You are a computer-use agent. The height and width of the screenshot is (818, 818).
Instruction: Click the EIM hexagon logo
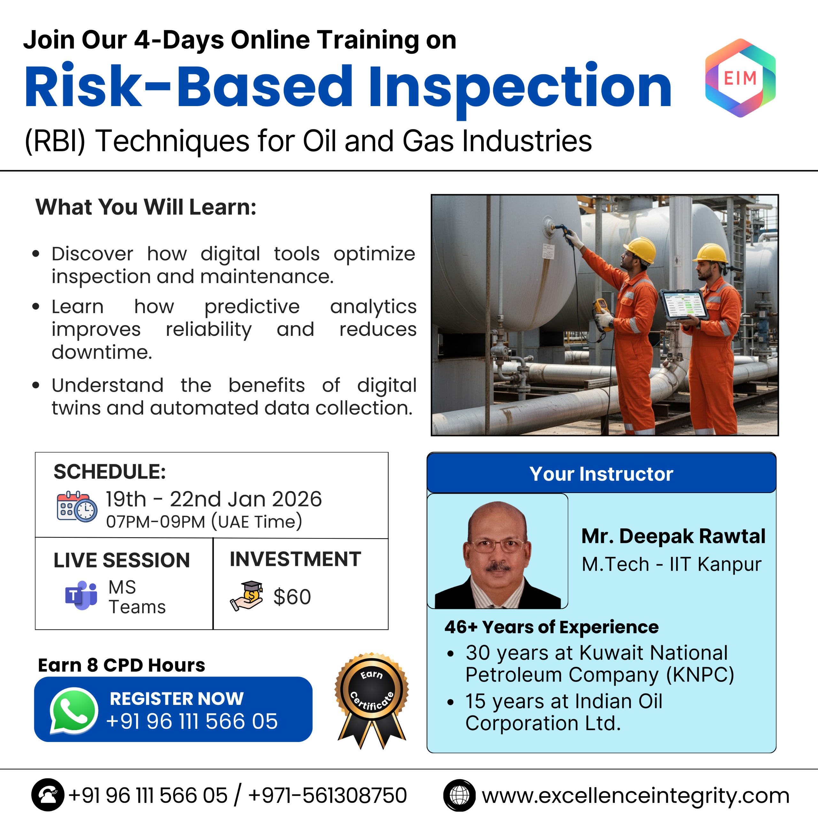point(740,78)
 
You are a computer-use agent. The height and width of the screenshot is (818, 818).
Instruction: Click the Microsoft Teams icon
point(81,595)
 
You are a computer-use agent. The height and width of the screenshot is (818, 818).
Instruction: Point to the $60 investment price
point(292,597)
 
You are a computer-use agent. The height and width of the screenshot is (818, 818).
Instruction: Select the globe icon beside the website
point(459,795)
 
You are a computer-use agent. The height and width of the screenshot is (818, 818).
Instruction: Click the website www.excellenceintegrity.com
point(636,796)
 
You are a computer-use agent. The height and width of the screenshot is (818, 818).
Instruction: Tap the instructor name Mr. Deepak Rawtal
point(673,536)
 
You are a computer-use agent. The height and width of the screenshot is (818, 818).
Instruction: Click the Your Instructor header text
point(601,474)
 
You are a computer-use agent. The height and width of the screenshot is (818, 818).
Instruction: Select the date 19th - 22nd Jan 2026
point(214,499)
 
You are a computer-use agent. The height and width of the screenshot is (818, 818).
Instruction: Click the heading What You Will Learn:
point(146,207)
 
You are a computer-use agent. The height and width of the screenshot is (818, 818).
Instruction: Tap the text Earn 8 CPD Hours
point(121,665)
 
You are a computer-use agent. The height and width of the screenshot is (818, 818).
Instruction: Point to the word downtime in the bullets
point(102,352)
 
